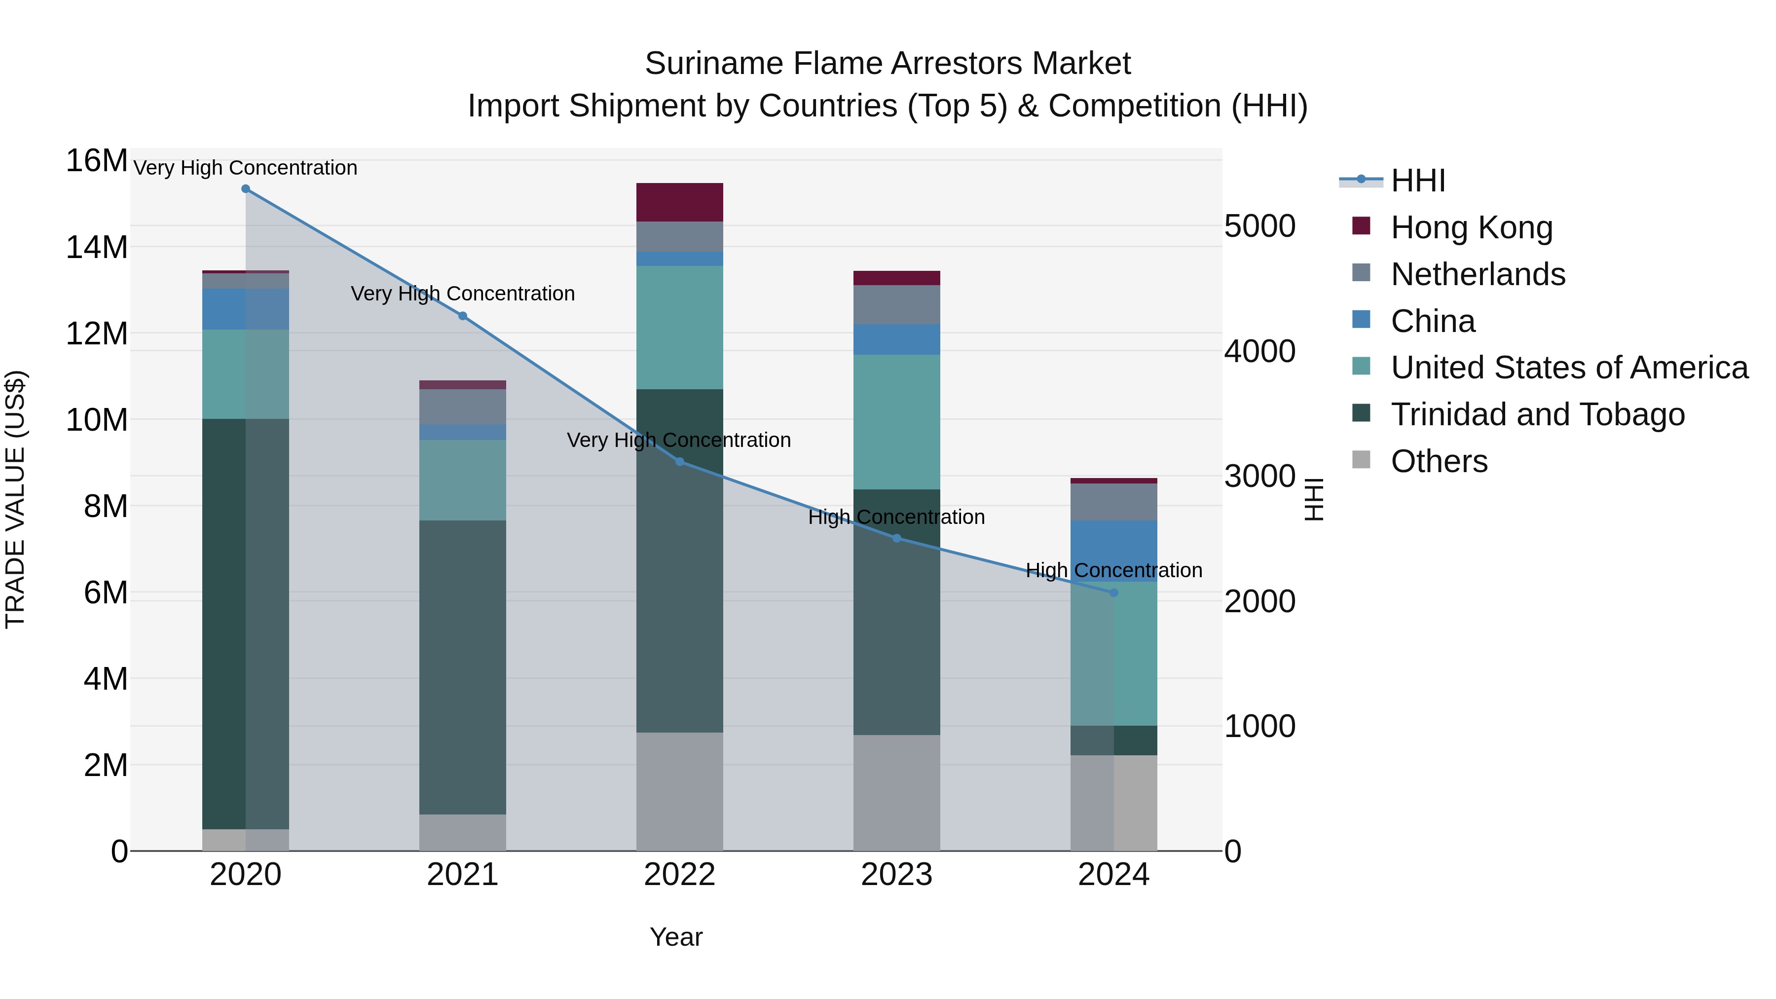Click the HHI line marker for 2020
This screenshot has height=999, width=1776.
coord(246,189)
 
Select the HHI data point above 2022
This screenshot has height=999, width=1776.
coord(680,462)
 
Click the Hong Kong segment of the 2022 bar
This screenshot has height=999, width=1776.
coord(680,202)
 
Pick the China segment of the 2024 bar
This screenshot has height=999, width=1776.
coord(1113,551)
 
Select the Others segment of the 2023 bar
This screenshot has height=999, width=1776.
coord(896,792)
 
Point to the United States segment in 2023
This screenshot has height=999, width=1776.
coord(896,422)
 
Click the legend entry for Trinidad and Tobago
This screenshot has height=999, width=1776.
coord(1537,414)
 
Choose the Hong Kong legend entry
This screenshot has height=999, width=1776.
coord(1471,227)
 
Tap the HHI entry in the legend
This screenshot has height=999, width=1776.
coord(1417,181)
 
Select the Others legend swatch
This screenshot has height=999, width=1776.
coord(1362,460)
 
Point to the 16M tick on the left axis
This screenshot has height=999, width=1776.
coord(97,161)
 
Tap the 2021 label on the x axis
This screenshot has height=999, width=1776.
coord(463,875)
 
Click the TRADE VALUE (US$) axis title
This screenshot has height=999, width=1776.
coord(15,499)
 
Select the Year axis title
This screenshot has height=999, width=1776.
coord(676,937)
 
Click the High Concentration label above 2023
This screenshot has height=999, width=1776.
coord(896,517)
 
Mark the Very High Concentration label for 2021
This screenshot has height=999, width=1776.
coord(463,294)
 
